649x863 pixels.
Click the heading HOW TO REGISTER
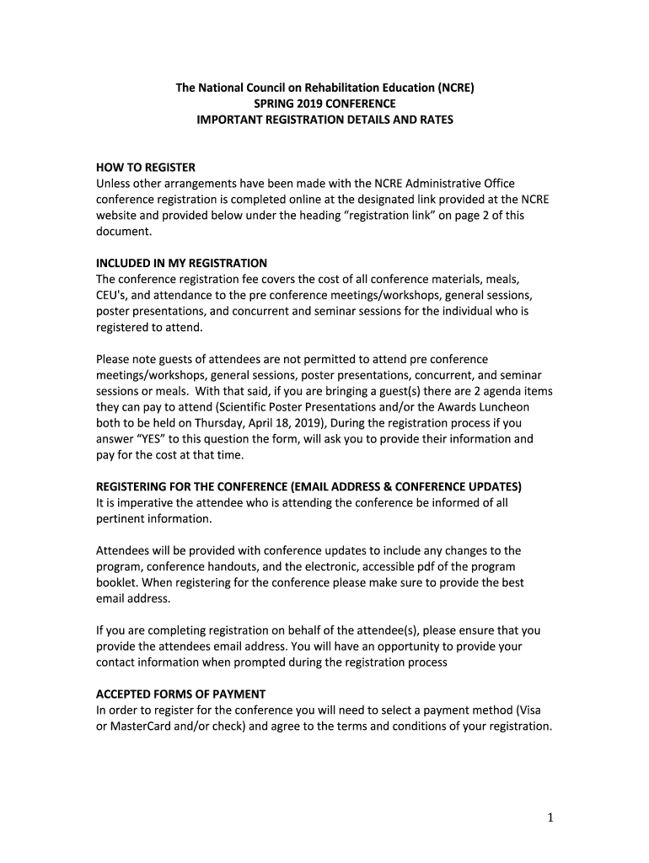[x=145, y=167]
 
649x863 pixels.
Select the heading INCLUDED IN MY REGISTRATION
[x=181, y=263]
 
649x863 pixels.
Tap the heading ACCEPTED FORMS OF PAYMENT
[x=180, y=694]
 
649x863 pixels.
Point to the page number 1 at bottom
[x=547, y=817]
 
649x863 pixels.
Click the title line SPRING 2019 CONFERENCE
[x=324, y=104]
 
